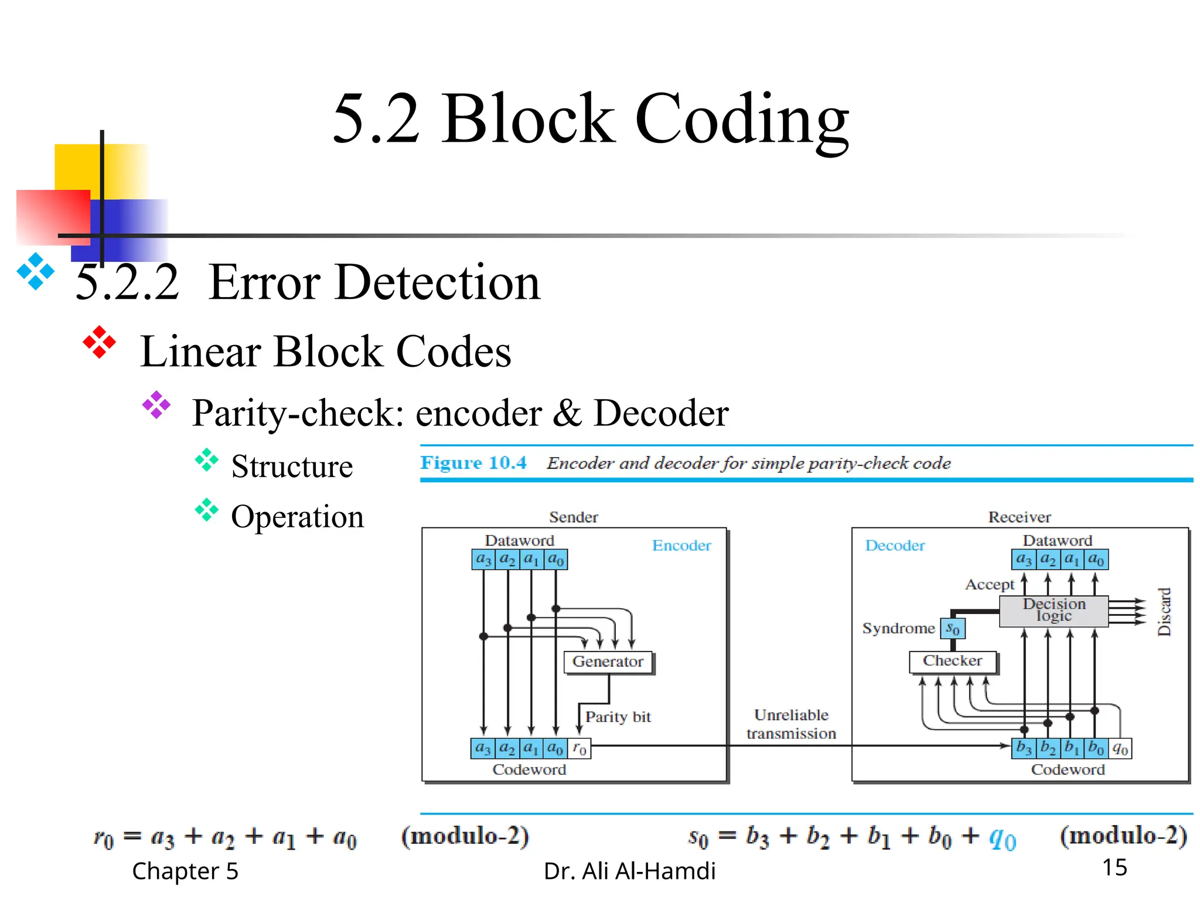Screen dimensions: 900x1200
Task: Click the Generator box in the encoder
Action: pyautogui.click(x=608, y=662)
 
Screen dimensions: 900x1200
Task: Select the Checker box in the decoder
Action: pyautogui.click(x=952, y=661)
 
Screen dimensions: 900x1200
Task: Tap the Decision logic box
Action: pyautogui.click(x=1054, y=611)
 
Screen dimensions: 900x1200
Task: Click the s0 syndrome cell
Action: pyautogui.click(x=953, y=629)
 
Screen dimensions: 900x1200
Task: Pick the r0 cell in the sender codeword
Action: pyautogui.click(x=579, y=748)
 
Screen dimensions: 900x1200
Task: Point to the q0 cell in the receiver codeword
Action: pyautogui.click(x=1120, y=748)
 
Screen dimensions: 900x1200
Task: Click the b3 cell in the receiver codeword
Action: pyautogui.click(x=1024, y=748)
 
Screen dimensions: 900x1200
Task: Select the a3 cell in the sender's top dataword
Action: pyautogui.click(x=483, y=560)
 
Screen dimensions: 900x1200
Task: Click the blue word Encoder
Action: pyautogui.click(x=681, y=546)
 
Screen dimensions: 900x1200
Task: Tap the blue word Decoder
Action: pyautogui.click(x=895, y=546)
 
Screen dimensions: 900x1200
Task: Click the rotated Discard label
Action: pyautogui.click(x=1164, y=612)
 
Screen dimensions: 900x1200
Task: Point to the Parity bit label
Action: pyautogui.click(x=618, y=717)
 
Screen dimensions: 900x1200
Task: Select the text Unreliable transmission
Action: pyautogui.click(x=791, y=724)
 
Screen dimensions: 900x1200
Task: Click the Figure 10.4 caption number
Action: pyautogui.click(x=473, y=463)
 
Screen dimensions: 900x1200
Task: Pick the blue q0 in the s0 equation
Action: pyautogui.click(x=1002, y=838)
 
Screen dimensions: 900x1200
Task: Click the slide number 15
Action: pyautogui.click(x=1114, y=867)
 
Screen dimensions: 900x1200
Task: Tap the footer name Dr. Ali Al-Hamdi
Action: pyautogui.click(x=629, y=871)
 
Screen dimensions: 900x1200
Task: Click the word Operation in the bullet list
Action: pyautogui.click(x=297, y=517)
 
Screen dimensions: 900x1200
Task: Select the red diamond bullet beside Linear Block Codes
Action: pyautogui.click(x=99, y=342)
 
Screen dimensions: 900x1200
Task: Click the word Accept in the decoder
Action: pyautogui.click(x=990, y=584)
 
